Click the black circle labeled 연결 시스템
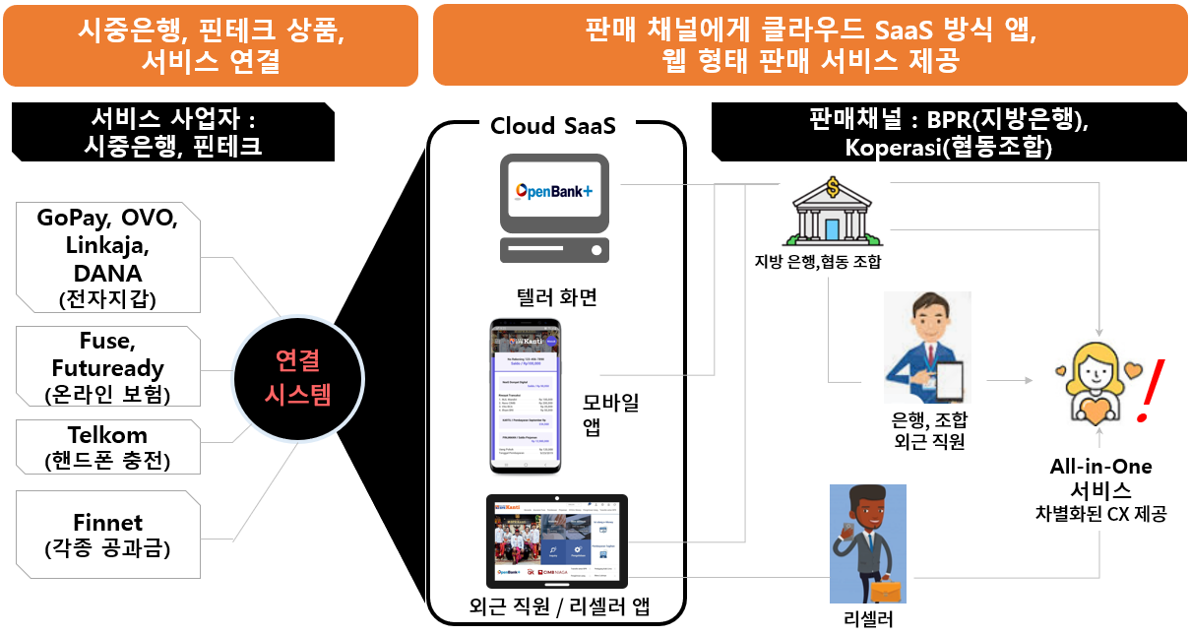coord(297,378)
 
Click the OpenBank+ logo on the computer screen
coord(554,190)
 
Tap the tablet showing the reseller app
coord(556,540)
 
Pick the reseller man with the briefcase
coord(867,543)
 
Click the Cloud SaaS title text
coord(553,125)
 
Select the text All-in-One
coord(1099,467)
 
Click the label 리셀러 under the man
coord(868,619)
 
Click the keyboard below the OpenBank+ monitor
coord(554,248)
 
